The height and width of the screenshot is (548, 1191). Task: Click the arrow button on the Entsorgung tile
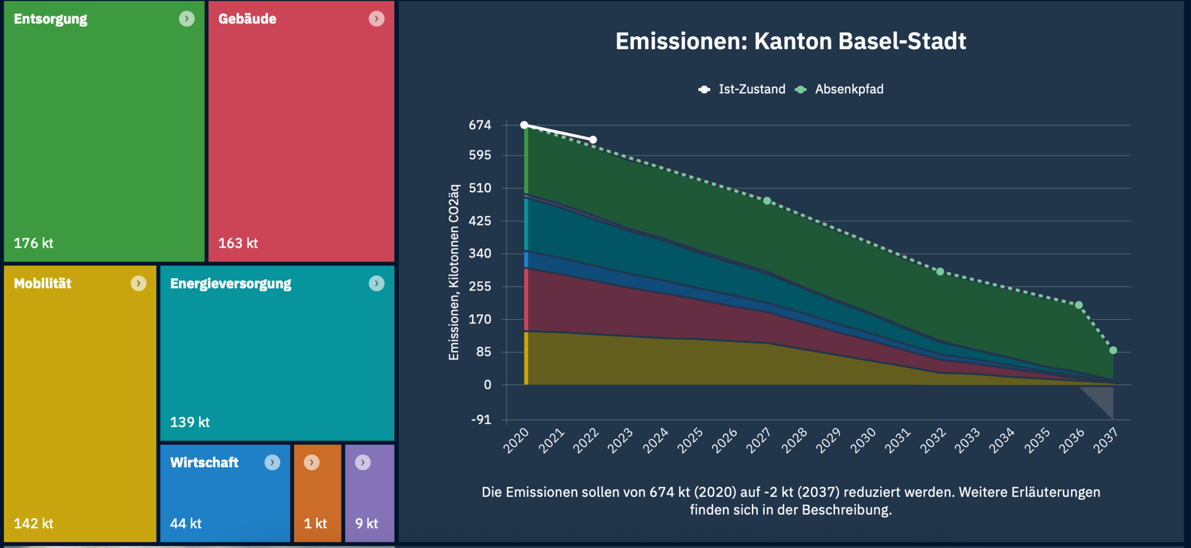(x=187, y=19)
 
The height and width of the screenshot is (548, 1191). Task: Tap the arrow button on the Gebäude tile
(x=376, y=19)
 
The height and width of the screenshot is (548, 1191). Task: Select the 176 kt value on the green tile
(x=34, y=243)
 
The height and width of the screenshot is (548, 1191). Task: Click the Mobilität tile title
(x=42, y=283)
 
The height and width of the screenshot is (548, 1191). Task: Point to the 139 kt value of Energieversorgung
(x=190, y=422)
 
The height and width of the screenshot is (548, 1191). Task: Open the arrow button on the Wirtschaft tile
(x=272, y=462)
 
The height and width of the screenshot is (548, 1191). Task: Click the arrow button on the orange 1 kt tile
(x=312, y=462)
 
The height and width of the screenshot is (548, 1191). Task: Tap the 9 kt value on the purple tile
(x=366, y=524)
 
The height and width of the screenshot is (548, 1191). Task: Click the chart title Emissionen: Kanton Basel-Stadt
(x=790, y=41)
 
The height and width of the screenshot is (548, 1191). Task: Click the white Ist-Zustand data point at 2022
(x=593, y=140)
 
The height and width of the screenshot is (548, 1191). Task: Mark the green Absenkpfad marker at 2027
(x=767, y=201)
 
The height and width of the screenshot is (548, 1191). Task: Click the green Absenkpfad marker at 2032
(x=940, y=272)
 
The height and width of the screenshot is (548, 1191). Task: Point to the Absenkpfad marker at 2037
(x=1113, y=350)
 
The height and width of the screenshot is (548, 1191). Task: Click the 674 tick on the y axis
(x=480, y=125)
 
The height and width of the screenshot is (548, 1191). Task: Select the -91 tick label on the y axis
(x=481, y=420)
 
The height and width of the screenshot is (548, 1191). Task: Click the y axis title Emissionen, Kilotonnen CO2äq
(x=454, y=272)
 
